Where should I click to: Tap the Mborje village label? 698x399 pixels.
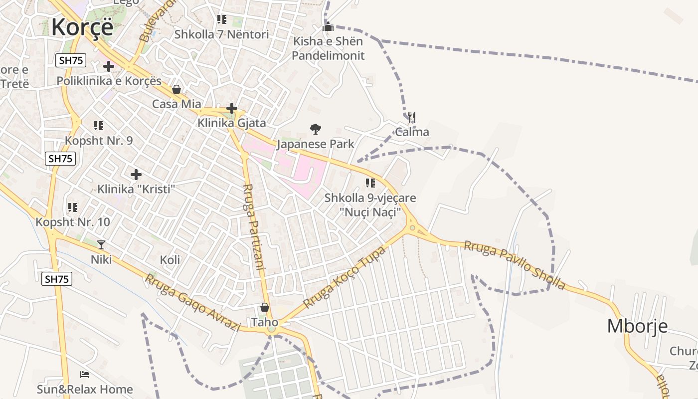637,326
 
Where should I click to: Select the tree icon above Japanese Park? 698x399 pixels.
315,130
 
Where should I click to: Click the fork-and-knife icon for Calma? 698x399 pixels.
411,118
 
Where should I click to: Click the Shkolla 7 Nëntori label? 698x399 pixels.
221,34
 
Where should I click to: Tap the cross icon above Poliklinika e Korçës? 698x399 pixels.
109,66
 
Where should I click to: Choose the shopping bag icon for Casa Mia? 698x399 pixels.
176,90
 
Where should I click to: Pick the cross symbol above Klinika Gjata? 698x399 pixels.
231,108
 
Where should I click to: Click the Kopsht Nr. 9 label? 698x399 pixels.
99,141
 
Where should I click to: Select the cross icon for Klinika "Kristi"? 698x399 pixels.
136,175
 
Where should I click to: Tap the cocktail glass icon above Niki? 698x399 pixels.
101,244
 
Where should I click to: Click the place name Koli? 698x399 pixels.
170,260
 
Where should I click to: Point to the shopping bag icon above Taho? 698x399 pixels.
264,307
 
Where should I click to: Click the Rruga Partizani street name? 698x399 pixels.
253,227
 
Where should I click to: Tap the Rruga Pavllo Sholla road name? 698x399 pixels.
515,265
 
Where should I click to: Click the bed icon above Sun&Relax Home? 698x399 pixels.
85,374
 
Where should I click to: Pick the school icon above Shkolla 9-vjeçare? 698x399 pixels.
370,183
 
